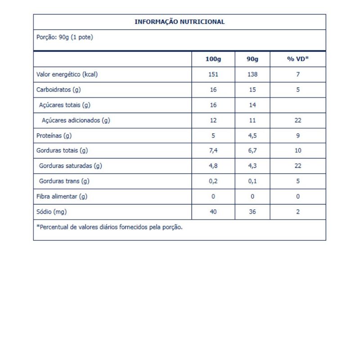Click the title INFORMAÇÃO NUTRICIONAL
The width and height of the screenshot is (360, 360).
tap(180, 22)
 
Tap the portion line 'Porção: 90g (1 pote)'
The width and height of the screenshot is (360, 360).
tap(64, 37)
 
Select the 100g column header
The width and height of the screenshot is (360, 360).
tap(213, 59)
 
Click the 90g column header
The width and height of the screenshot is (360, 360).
tap(252, 59)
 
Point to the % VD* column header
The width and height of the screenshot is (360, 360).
tap(297, 59)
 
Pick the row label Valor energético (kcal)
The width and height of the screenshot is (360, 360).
tap(67, 75)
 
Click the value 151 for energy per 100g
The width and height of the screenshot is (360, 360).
tap(213, 75)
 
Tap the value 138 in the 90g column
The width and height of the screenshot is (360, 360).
tap(252, 75)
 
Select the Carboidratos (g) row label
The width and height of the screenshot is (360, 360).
tap(58, 90)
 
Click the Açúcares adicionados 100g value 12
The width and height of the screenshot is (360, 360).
tap(213, 120)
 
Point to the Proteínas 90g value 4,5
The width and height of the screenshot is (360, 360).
tap(252, 135)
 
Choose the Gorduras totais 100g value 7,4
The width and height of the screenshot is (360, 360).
tap(213, 151)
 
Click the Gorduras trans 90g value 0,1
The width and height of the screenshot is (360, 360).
tap(252, 181)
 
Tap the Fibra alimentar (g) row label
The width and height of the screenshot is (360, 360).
tap(61, 197)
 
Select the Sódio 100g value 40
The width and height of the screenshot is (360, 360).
tap(213, 212)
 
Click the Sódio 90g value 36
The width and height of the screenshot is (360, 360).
tap(252, 212)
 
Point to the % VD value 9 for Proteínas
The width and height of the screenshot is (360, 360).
tap(297, 135)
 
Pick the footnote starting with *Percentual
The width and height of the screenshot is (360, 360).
tap(109, 227)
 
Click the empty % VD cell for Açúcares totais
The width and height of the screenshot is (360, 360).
tap(297, 105)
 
